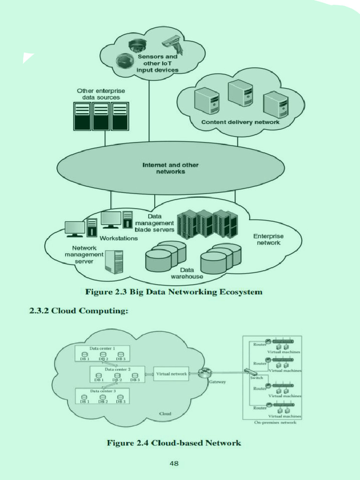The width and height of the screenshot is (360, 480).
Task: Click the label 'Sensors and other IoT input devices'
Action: [x=157, y=63]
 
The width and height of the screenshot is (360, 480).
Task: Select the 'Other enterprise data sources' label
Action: [x=101, y=94]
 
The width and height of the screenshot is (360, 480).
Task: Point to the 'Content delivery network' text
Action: [x=240, y=122]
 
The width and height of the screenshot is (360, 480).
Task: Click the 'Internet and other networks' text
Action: [x=170, y=168]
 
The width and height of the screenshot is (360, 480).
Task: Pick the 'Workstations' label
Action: [x=119, y=239]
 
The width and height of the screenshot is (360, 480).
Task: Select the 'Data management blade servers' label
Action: [x=154, y=223]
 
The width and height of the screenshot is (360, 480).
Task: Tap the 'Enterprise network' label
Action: [x=268, y=240]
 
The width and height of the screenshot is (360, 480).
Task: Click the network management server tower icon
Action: [x=114, y=262]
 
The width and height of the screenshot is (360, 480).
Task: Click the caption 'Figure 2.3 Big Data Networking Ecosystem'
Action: [x=173, y=292]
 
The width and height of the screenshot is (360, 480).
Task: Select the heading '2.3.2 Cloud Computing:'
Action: [x=79, y=311]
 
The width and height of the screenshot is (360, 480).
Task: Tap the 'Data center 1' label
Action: [x=102, y=349]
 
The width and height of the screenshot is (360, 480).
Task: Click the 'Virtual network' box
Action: [x=172, y=374]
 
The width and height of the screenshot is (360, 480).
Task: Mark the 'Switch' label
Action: [x=256, y=378]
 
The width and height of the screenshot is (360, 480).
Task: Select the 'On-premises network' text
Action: [x=275, y=422]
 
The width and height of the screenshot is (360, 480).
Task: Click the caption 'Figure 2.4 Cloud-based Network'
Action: [x=174, y=443]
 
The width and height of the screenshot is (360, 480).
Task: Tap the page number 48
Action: [x=174, y=464]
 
